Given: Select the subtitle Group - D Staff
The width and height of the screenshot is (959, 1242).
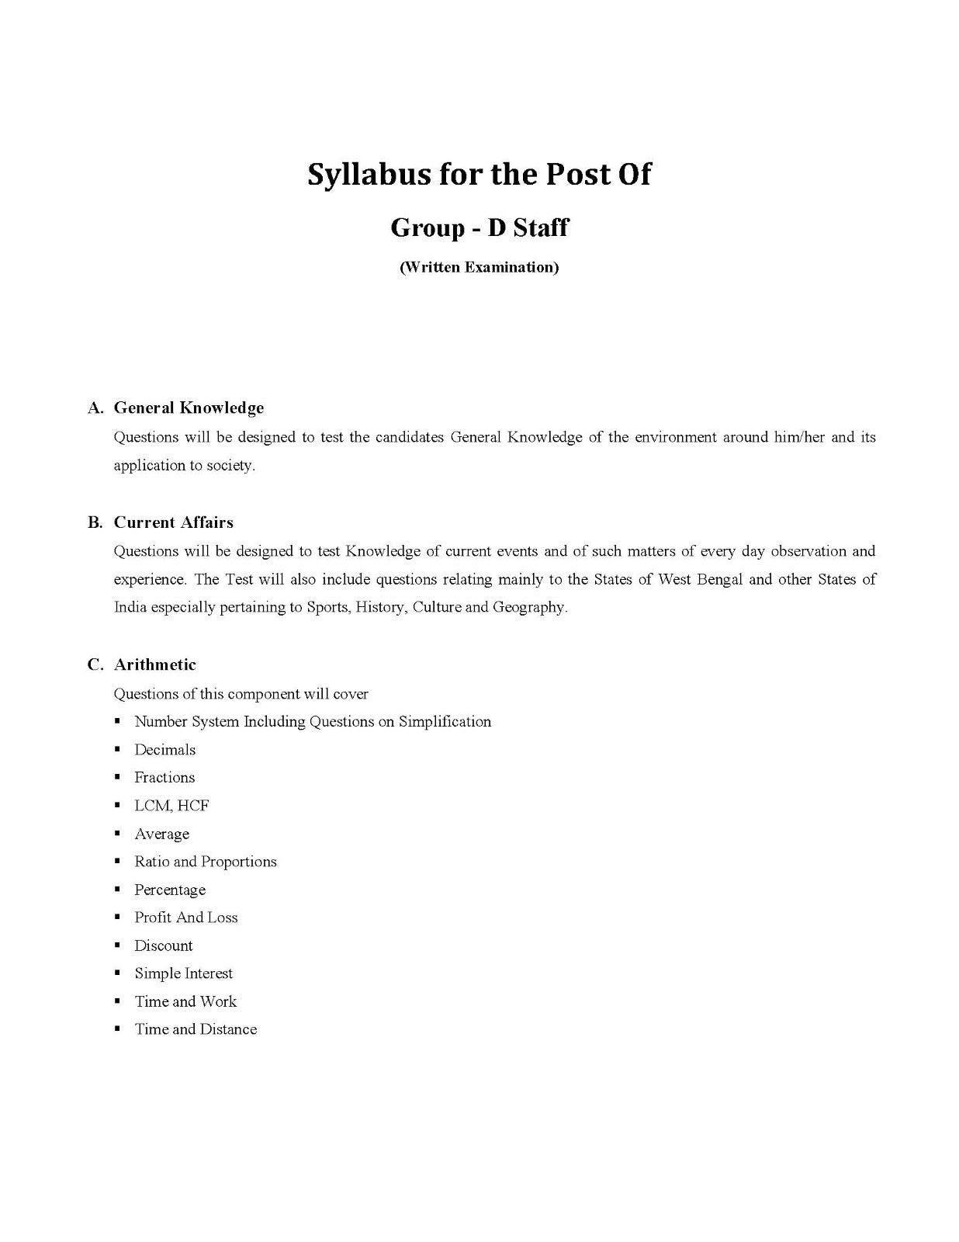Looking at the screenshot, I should [479, 227].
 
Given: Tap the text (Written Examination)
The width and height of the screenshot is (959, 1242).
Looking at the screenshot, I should [479, 268].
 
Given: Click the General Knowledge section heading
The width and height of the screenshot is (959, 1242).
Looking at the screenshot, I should [189, 408].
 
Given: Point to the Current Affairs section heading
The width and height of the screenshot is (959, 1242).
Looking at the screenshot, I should [173, 522].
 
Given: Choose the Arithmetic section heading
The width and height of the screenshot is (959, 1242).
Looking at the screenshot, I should [154, 664].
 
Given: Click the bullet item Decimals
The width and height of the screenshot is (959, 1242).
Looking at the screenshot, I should [164, 750].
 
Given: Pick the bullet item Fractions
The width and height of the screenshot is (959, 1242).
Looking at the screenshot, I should [164, 778].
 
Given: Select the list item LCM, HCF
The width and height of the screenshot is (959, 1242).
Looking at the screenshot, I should [171, 806].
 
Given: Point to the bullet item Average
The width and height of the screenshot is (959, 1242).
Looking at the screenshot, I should [161, 834].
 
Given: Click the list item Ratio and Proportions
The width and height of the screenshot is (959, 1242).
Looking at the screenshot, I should [205, 862].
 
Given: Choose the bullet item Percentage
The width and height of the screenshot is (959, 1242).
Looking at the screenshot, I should [170, 890].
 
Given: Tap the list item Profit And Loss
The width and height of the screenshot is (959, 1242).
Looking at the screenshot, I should [185, 918].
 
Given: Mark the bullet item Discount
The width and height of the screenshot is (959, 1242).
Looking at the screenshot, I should [163, 945].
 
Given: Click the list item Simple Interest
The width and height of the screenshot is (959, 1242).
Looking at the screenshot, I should [183, 973].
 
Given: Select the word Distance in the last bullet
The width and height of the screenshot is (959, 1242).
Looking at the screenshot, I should [228, 1029].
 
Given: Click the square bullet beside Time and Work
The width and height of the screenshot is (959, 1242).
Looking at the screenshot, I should [117, 1001].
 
